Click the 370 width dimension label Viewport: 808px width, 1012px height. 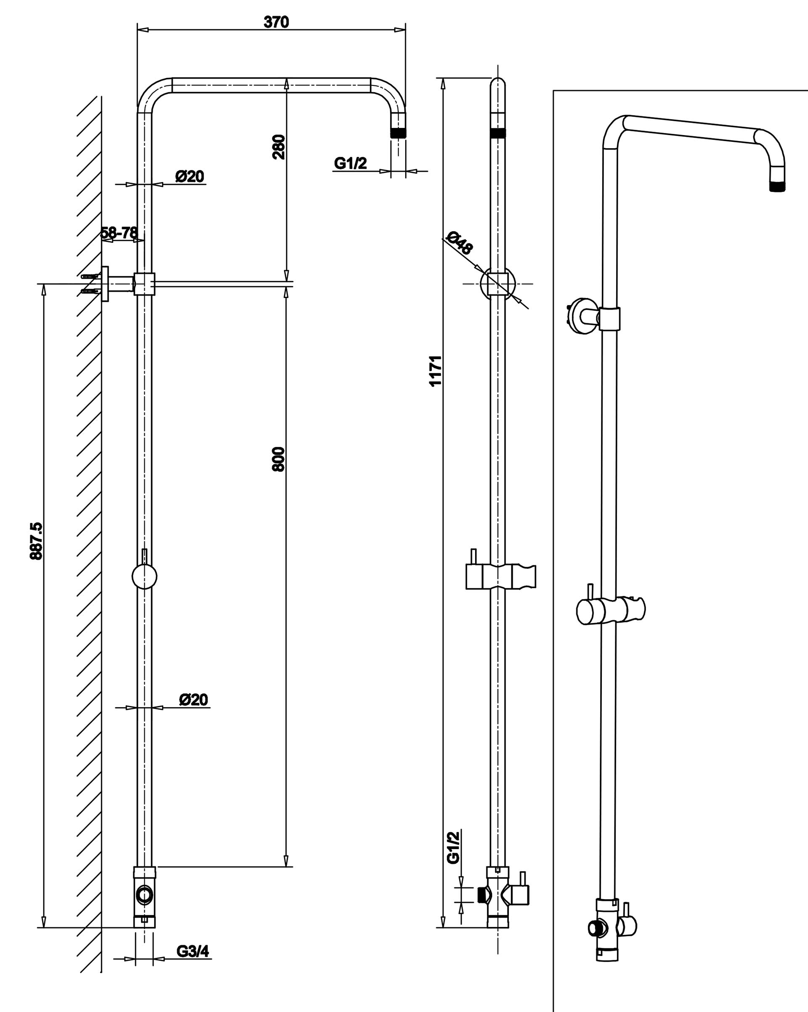pyautogui.click(x=276, y=22)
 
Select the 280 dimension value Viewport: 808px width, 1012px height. pyautogui.click(x=279, y=147)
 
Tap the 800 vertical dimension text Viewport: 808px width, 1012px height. pyautogui.click(x=278, y=459)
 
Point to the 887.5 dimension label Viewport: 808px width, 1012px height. pyautogui.click(x=36, y=541)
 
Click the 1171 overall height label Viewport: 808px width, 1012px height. pyautogui.click(x=436, y=371)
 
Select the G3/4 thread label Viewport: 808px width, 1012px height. pyautogui.click(x=193, y=951)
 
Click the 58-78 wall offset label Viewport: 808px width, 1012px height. pyautogui.click(x=120, y=232)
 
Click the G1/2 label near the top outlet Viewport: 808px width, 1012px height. pyautogui.click(x=350, y=163)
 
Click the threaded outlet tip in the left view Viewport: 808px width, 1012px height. pyautogui.click(x=399, y=132)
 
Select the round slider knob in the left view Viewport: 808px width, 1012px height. pyautogui.click(x=144, y=576)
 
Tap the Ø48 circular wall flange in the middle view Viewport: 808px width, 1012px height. pyautogui.click(x=498, y=283)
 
